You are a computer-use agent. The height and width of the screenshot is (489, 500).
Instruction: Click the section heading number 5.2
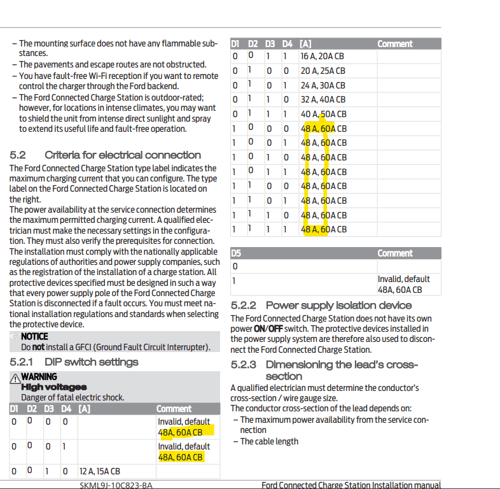[17, 155]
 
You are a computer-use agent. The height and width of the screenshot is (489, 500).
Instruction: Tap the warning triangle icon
[15, 378]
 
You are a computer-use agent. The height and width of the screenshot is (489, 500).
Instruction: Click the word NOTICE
[34, 337]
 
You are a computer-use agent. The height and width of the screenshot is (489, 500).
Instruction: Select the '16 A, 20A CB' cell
[323, 56]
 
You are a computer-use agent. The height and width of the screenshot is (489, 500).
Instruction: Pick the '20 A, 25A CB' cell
[323, 71]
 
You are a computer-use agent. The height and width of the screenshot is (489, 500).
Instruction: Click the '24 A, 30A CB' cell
[323, 85]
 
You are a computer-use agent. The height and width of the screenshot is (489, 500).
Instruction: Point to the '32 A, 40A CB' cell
[323, 99]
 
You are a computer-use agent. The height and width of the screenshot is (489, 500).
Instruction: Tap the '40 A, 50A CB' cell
[323, 114]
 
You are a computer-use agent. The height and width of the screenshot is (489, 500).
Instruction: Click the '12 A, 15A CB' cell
[99, 472]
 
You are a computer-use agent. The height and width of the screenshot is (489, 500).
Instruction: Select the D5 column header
[236, 253]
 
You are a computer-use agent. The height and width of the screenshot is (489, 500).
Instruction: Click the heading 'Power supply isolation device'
[338, 306]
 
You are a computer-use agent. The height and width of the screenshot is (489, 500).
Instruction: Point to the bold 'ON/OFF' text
[268, 329]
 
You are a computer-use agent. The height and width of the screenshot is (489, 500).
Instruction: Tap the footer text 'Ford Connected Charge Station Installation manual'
[351, 485]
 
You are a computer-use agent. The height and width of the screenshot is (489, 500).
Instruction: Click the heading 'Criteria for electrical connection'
[123, 155]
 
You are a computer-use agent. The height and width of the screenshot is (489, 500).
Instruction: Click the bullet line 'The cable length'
[269, 441]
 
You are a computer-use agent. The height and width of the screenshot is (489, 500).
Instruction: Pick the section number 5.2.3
[244, 365]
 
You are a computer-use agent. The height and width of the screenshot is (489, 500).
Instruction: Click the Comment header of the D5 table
[394, 253]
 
